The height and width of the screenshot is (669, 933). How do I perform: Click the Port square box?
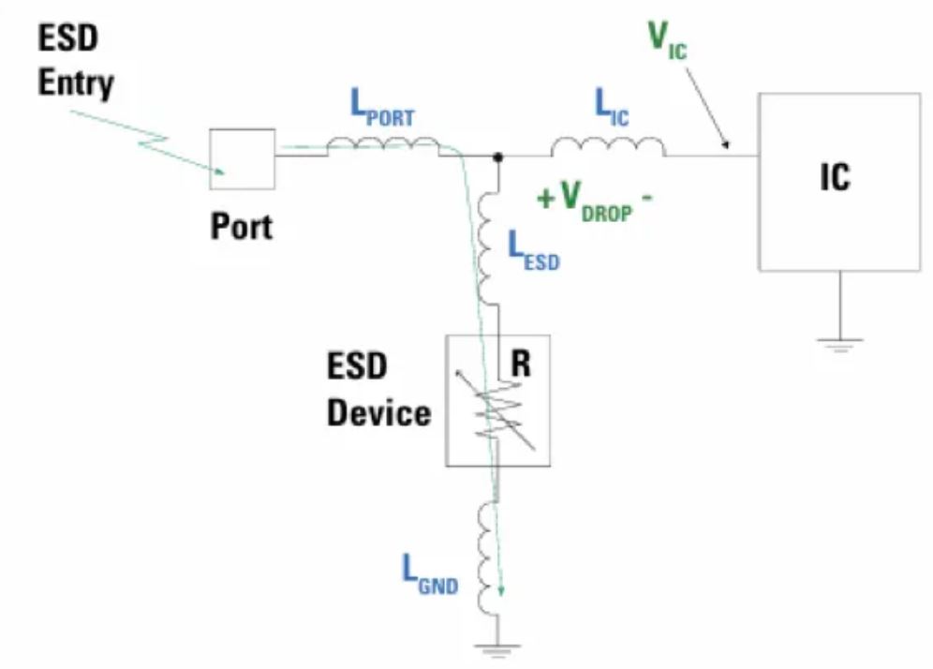(242, 159)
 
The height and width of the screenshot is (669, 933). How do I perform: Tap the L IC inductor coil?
(608, 148)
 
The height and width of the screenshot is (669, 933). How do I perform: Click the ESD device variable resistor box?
(497, 400)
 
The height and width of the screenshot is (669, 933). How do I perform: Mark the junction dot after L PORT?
(498, 157)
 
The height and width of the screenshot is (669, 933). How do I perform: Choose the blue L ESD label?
(533, 250)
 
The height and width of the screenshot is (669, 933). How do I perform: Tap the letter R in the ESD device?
(520, 364)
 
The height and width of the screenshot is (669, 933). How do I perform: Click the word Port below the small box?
(241, 226)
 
